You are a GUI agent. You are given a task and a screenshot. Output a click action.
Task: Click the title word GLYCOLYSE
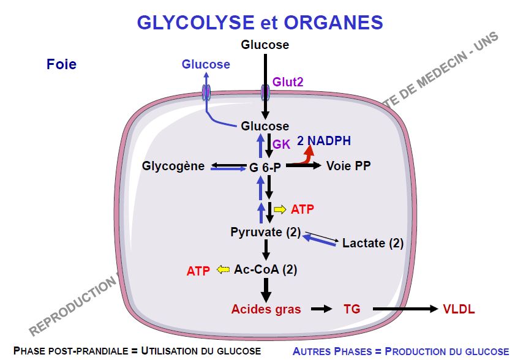coord(188,23)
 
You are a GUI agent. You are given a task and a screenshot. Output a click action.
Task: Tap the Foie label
coord(61,64)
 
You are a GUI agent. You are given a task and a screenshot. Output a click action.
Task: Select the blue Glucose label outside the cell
coord(206,64)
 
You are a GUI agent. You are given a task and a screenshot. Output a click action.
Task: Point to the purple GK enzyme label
coord(280,145)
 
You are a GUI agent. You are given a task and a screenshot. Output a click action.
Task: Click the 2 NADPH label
coord(324,141)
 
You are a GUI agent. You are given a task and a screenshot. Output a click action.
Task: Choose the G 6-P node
coord(265,166)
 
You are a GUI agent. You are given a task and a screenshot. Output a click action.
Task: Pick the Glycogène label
coord(173,166)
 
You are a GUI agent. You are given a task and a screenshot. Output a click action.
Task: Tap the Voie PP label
coord(348,166)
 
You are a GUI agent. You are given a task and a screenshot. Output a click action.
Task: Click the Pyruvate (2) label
coord(266,232)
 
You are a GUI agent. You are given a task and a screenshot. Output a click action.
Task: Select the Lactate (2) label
coord(373,243)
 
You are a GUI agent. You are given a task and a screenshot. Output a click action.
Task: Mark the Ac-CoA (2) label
coord(266,269)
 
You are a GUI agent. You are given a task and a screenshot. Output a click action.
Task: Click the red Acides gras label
coord(266,309)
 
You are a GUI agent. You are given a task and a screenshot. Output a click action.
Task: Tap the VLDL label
coord(459,309)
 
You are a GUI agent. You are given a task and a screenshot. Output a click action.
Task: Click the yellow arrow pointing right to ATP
coord(280,209)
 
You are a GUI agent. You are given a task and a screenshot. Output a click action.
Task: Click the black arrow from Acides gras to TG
coord(321,309)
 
